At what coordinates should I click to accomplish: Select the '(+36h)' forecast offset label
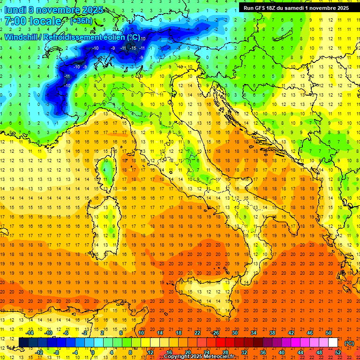pyautogui.click(x=81, y=21)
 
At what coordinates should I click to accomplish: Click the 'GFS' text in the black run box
pyautogui.click(x=262, y=8)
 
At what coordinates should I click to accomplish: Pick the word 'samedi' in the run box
pyautogui.click(x=299, y=8)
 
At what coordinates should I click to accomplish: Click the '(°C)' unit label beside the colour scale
pyautogui.click(x=349, y=344)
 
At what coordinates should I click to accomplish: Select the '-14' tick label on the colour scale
pyautogui.click(x=30, y=333)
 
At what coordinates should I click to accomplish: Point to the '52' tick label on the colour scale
pyautogui.click(x=338, y=352)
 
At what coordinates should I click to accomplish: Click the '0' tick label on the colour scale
pyautogui.click(x=93, y=352)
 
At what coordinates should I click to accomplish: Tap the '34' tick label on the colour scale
pyautogui.click(x=254, y=333)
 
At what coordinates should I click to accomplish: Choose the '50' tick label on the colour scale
pyautogui.click(x=329, y=333)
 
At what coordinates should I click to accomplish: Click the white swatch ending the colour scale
pyautogui.click(x=333, y=343)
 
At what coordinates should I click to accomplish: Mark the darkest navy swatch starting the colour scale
pyautogui.click(x=23, y=343)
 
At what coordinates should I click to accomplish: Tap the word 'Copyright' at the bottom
pyautogui.click(x=177, y=357)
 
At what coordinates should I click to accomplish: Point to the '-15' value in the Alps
pyautogui.click(x=133, y=48)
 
